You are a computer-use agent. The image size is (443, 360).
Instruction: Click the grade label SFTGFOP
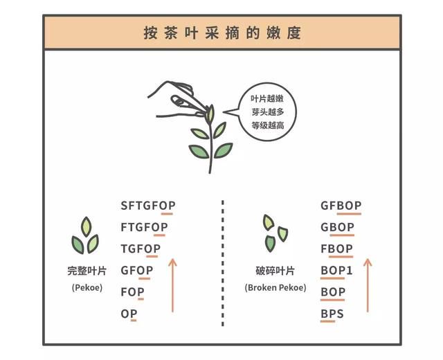coord(148,206)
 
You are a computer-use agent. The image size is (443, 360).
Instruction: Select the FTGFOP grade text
coord(144,227)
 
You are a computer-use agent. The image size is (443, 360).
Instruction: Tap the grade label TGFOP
coord(141,249)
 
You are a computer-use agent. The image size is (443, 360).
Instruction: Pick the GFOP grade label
coord(137,271)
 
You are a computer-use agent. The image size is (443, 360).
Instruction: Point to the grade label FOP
coord(132,292)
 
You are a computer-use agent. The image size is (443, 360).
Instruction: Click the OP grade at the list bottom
coord(129,314)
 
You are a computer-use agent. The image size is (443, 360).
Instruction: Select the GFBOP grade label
coord(341,206)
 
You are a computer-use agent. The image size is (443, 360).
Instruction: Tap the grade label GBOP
coord(337,227)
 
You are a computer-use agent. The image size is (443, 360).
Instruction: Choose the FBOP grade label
coord(337,249)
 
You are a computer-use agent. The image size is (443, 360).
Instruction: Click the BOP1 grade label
coord(337,271)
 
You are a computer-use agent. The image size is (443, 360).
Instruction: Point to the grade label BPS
coord(332,314)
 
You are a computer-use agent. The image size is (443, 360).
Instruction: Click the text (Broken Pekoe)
coord(275,288)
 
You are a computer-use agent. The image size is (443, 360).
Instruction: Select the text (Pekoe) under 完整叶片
coord(87,288)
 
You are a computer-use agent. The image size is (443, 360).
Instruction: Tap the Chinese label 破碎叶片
coord(275,271)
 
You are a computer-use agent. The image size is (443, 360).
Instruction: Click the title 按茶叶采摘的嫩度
coord(222,33)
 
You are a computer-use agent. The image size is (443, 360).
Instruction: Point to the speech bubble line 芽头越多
coord(268,112)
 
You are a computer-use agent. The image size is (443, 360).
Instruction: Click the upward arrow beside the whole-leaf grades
coord(172,285)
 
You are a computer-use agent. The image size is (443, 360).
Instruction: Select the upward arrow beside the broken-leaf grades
coord(368,285)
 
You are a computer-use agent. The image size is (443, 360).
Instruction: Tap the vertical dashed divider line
coord(223,263)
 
